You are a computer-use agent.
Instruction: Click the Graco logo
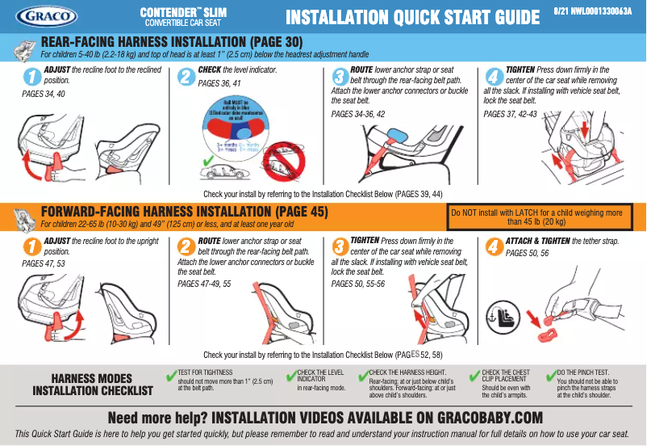point(46,15)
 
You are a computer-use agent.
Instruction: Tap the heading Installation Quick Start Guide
point(413,17)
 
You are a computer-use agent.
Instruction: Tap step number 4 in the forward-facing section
point(490,246)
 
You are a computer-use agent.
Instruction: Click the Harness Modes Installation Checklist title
point(93,385)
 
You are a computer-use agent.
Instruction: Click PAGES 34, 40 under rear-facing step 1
point(44,95)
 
